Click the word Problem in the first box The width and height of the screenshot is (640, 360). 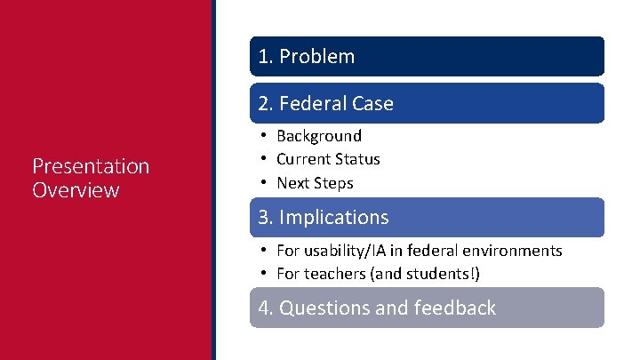pos(316,57)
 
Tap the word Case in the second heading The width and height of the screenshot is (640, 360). pos(372,104)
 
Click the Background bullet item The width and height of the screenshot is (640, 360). pos(319,136)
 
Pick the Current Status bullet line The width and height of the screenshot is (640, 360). pos(328,159)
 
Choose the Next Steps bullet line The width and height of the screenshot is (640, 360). pos(315,183)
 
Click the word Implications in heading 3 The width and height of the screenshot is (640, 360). pos(334,218)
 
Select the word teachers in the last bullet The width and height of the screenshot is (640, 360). pos(332,274)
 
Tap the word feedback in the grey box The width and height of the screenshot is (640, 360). pos(454,308)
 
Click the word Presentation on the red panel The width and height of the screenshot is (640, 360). pos(91,166)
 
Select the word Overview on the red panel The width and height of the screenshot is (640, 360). pos(76,190)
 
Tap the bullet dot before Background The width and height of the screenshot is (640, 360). pos(265,136)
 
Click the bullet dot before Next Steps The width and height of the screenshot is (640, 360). pos(265,183)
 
